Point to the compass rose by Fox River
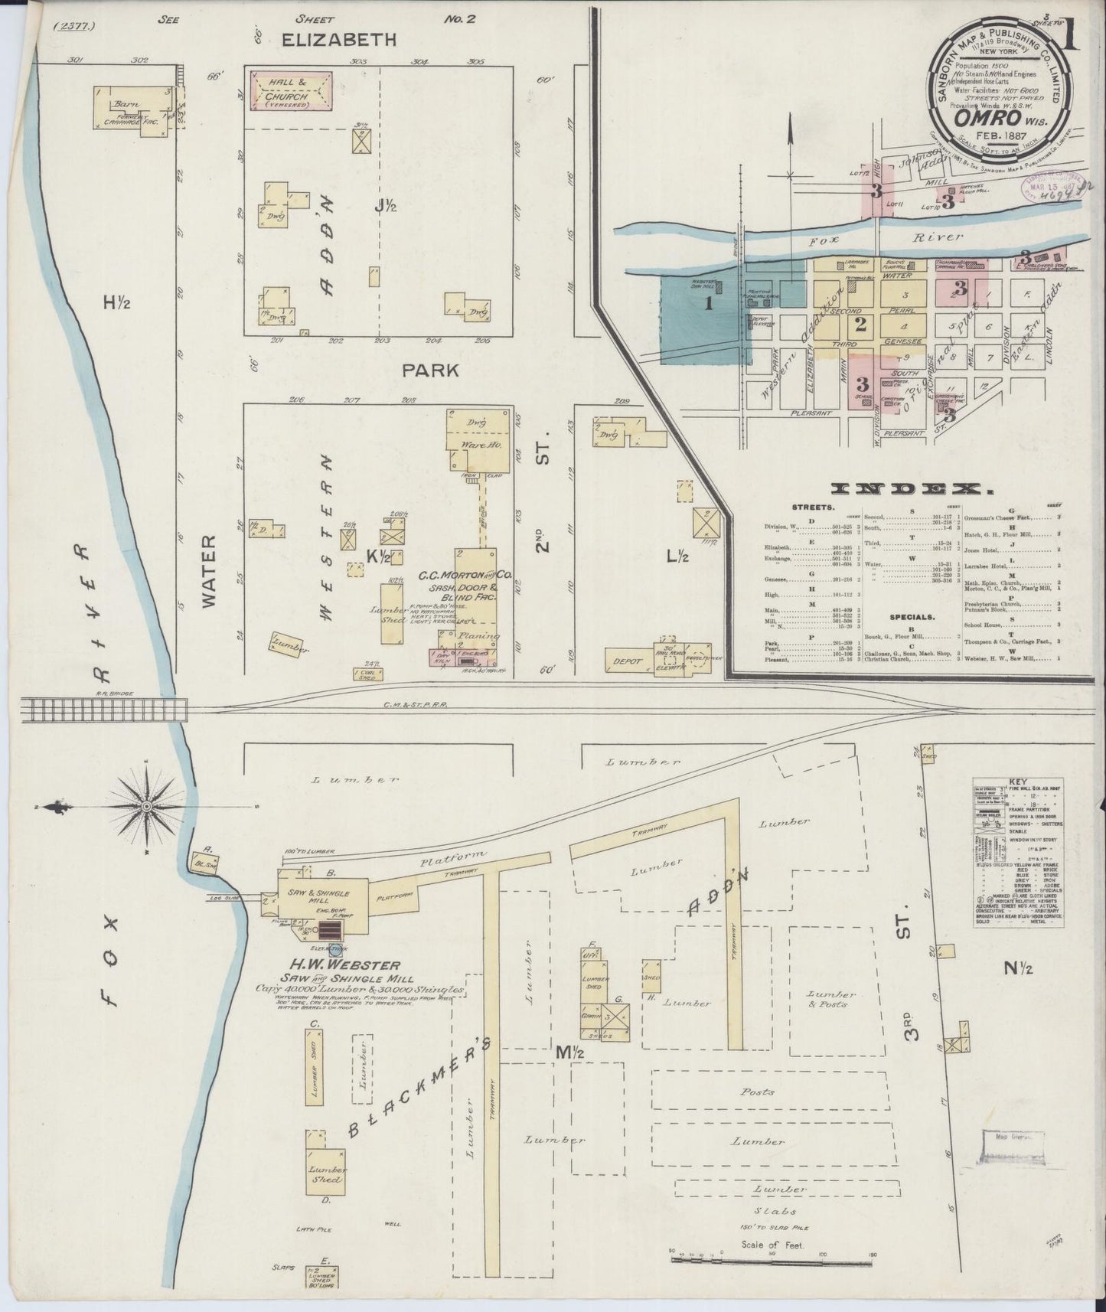(x=145, y=807)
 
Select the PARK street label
(x=431, y=370)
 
